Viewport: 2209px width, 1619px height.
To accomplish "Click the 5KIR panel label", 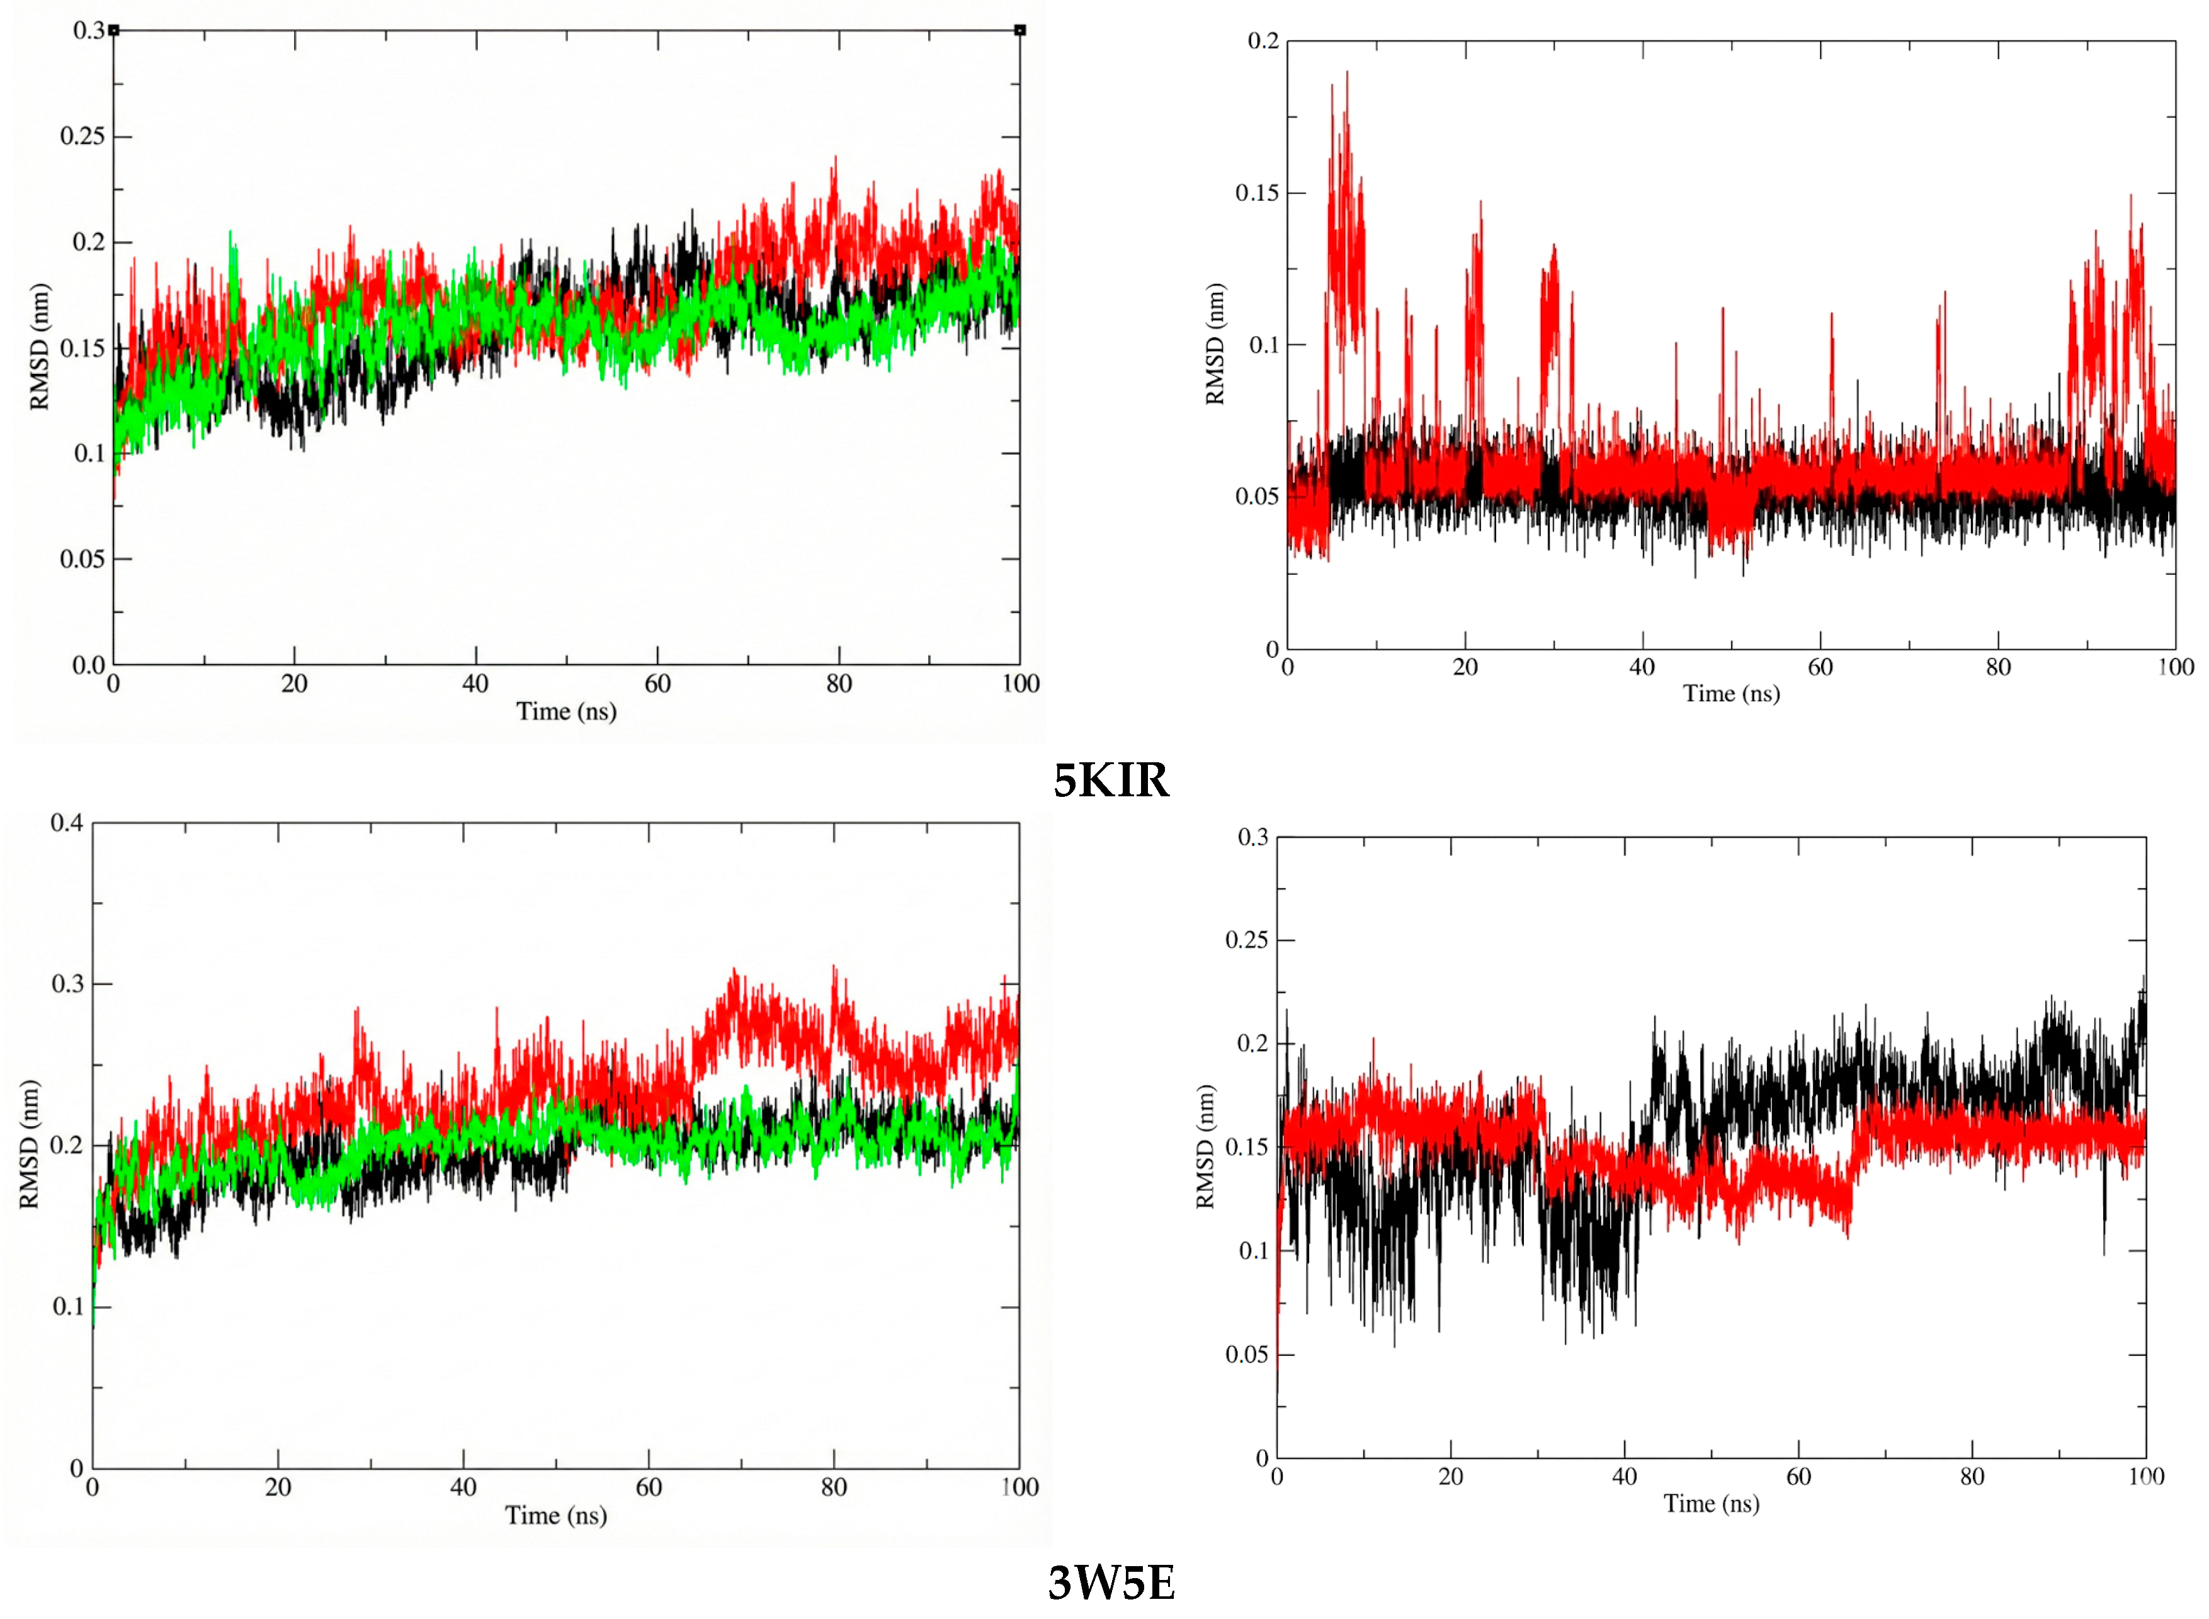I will [1110, 780].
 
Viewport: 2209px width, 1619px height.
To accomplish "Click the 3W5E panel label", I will [1110, 1582].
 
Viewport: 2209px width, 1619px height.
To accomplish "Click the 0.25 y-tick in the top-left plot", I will [82, 136].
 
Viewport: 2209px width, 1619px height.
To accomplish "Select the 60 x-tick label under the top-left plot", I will [657, 684].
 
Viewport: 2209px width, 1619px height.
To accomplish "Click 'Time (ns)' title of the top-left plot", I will [565, 711].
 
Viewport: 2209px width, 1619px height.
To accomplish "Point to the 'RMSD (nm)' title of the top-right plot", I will [1215, 344].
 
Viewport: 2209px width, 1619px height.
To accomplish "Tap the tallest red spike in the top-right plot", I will [1346, 74].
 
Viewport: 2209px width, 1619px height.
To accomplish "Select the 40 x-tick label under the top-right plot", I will [1642, 667].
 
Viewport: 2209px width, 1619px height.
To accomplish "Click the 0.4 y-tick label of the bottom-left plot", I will [67, 822].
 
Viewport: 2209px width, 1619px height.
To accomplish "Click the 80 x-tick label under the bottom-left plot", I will [833, 1487].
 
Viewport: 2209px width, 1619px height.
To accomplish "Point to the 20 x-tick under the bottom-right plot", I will [1450, 1477].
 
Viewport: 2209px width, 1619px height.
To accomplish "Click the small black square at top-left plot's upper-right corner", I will [1019, 30].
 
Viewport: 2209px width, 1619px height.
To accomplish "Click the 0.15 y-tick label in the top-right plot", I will [1256, 193].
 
